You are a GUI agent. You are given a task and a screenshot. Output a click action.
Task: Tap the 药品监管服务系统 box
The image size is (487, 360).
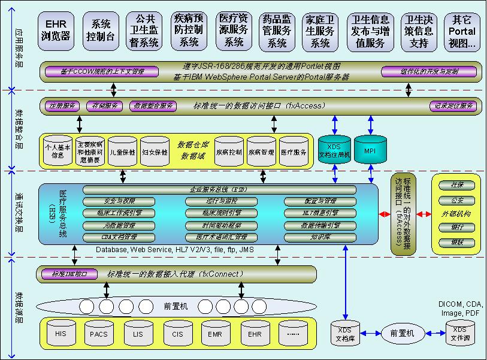pyautogui.click(x=277, y=31)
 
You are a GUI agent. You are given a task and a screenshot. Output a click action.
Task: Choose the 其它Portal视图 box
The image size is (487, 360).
pyautogui.click(x=464, y=31)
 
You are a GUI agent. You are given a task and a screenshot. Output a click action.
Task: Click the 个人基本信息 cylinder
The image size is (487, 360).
pyautogui.click(x=58, y=152)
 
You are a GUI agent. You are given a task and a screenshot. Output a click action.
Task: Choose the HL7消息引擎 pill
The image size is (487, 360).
pyautogui.click(x=320, y=213)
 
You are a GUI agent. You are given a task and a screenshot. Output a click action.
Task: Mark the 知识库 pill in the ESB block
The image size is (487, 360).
pyautogui.click(x=320, y=237)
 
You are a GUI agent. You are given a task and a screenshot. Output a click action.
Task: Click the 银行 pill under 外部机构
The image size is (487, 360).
pyautogui.click(x=456, y=228)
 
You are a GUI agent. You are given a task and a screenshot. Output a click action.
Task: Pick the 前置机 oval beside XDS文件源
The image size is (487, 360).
pyautogui.click(x=402, y=333)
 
